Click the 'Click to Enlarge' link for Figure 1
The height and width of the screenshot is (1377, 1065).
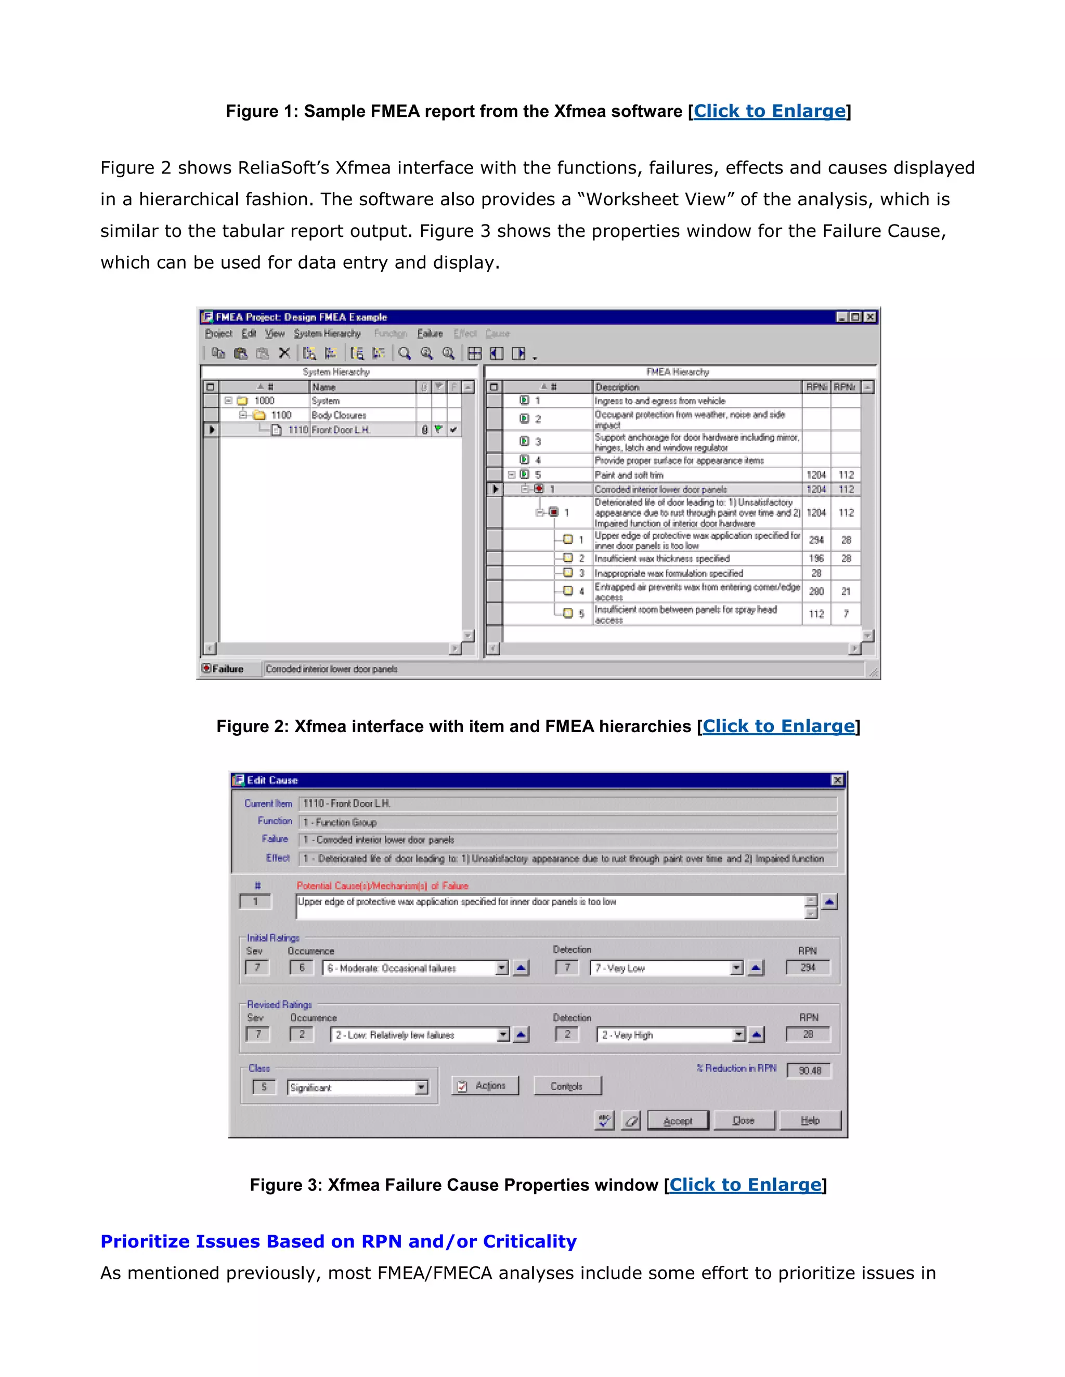click(x=769, y=111)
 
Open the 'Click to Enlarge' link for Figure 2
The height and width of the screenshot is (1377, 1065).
click(x=778, y=726)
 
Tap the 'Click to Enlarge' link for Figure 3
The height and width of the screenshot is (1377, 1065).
click(x=745, y=1185)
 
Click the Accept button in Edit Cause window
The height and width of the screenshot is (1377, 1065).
click(x=678, y=1120)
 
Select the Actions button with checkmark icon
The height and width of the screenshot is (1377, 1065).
click(x=485, y=1085)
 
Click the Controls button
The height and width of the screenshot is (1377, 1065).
click(x=567, y=1085)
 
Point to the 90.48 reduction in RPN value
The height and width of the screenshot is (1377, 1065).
click(x=810, y=1070)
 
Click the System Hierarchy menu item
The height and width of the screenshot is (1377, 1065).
click(x=327, y=334)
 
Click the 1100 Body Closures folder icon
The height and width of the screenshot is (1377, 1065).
click(x=259, y=415)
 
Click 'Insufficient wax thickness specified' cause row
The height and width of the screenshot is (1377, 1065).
click(x=662, y=559)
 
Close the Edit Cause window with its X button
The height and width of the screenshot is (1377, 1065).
click(x=837, y=780)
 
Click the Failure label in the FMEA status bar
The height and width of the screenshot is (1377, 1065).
click(x=227, y=669)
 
